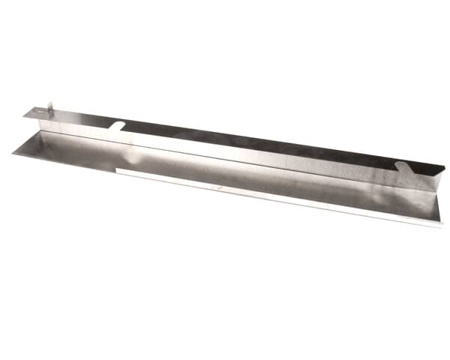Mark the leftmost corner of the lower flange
point(13,152)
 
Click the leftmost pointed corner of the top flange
point(23,115)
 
